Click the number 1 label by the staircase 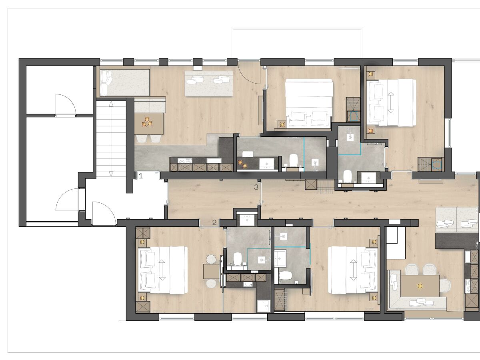(x=141, y=176)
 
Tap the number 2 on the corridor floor (x=214, y=222)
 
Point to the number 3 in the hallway (x=256, y=187)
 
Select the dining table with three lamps (x=149, y=124)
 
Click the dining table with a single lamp (x=420, y=286)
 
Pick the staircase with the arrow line (x=111, y=138)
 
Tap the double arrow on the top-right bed (x=390, y=102)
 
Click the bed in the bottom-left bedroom (x=163, y=270)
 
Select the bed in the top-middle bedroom (x=309, y=103)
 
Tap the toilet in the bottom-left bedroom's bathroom (x=237, y=258)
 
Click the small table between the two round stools (x=212, y=271)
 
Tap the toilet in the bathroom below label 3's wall (x=347, y=176)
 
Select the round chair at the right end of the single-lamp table (x=445, y=285)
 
